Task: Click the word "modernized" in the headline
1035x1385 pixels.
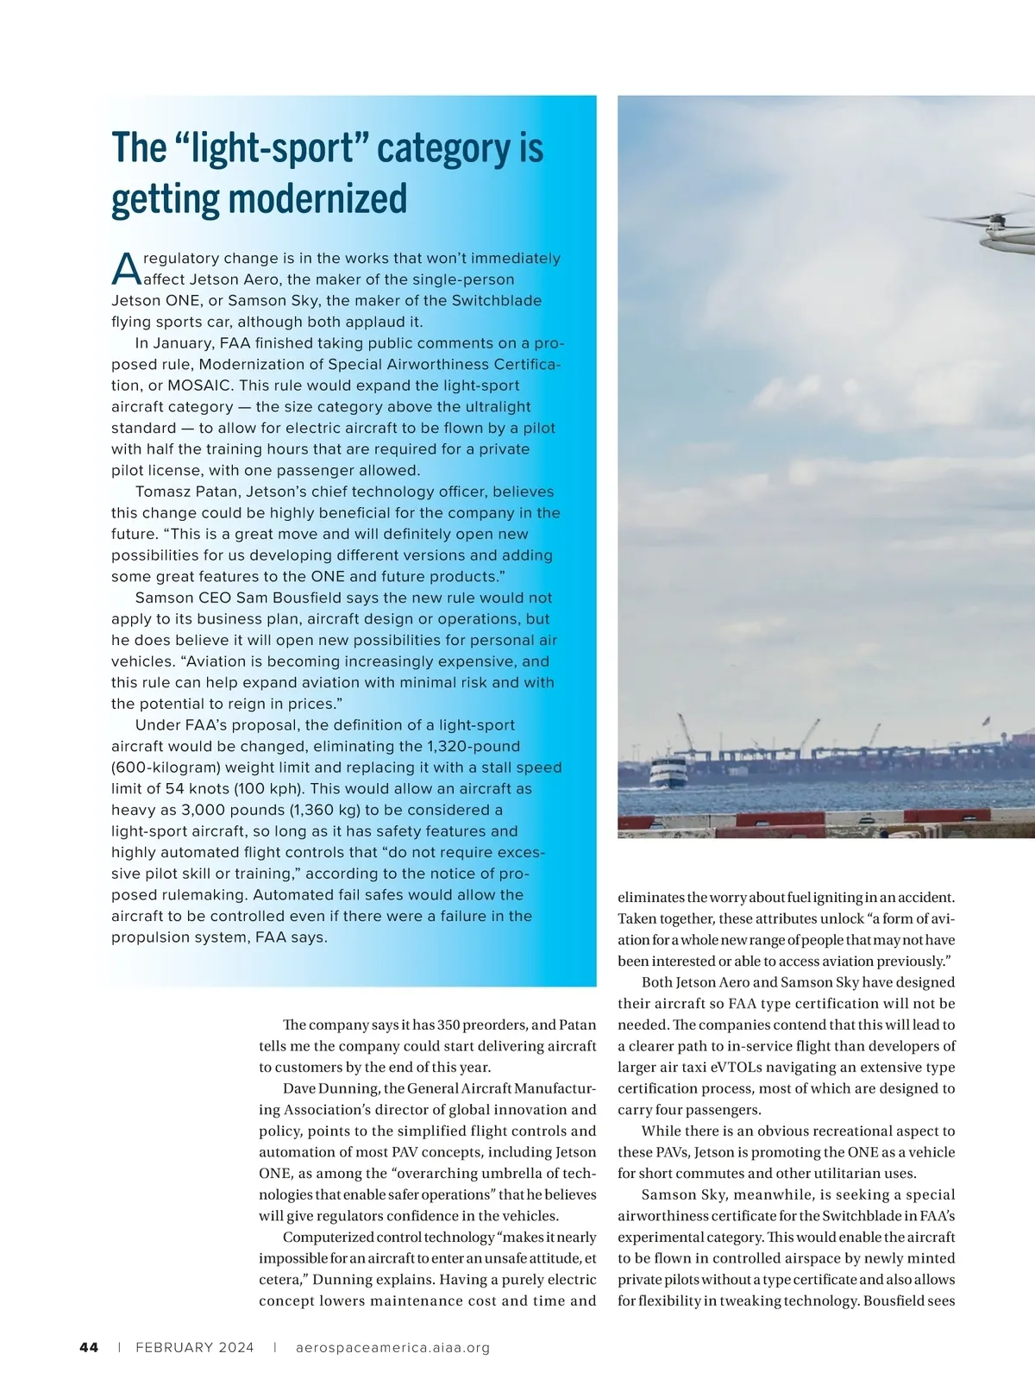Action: point(317,198)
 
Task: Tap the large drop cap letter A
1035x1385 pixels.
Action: point(126,268)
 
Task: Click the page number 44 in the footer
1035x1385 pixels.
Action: point(89,1347)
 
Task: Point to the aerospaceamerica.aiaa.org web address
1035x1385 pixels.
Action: point(392,1347)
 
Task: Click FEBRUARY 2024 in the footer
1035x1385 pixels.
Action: point(195,1347)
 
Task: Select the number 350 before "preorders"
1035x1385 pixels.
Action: point(448,1025)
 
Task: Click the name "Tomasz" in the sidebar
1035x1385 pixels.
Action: point(163,492)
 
